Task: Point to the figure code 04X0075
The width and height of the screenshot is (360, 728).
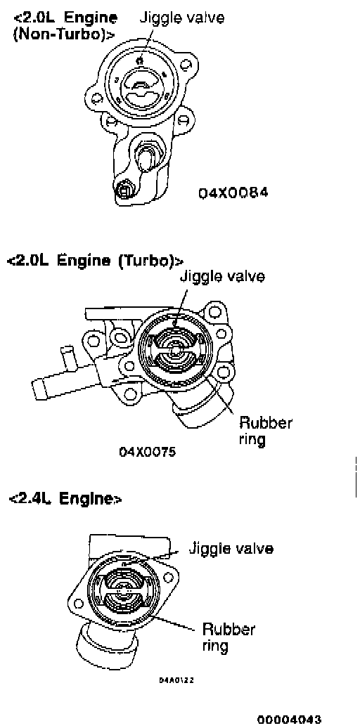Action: (148, 451)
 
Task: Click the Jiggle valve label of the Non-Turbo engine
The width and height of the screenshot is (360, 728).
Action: (182, 18)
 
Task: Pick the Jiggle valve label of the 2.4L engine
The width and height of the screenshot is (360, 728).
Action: (231, 549)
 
